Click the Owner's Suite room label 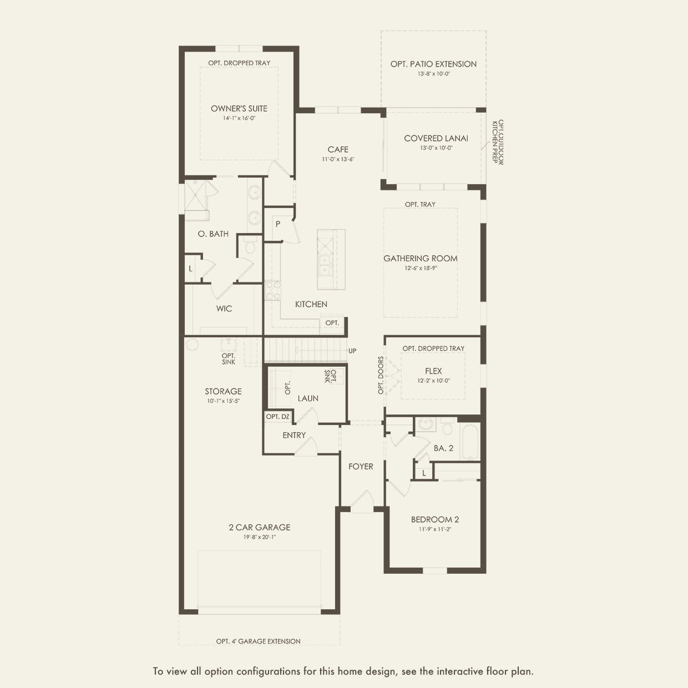[239, 108]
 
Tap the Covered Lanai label [436, 138]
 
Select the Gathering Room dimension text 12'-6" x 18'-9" [421, 268]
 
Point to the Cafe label [338, 149]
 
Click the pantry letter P [278, 224]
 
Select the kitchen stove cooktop [273, 290]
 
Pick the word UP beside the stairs [352, 351]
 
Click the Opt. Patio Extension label [433, 64]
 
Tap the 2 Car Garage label [259, 527]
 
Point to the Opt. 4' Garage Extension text [258, 641]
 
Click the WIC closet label [224, 308]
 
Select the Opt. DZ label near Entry [277, 416]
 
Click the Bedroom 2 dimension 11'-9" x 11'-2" [434, 529]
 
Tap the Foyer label [361, 466]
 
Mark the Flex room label [433, 371]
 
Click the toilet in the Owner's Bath [249, 246]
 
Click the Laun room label [308, 398]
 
